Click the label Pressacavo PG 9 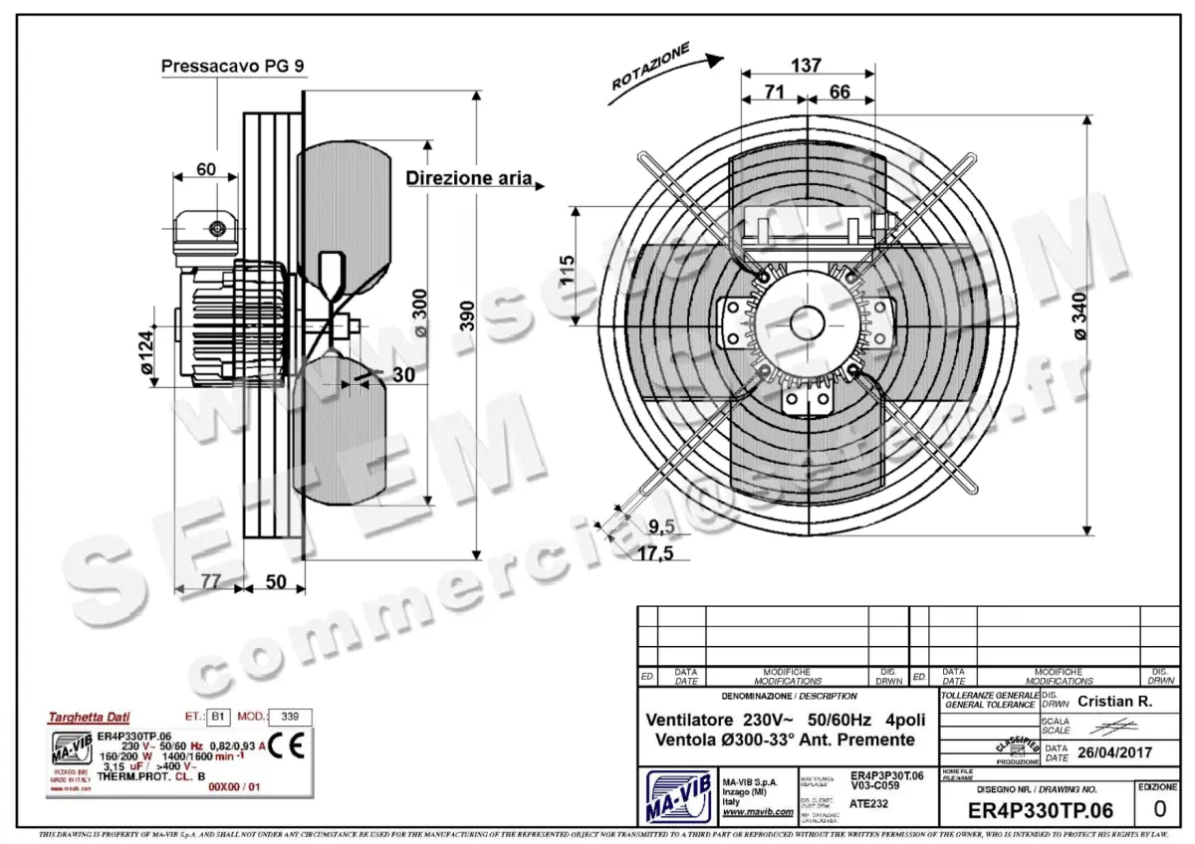coord(233,67)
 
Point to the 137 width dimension coord(806,65)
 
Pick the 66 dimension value coord(839,93)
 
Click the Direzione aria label coord(468,179)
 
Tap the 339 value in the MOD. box coord(290,716)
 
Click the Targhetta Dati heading coord(89,717)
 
